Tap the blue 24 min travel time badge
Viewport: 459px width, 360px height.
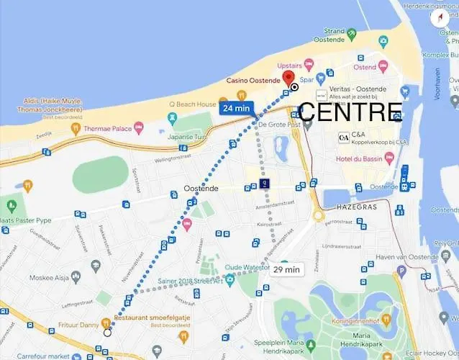click(236, 107)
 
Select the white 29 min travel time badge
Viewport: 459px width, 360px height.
click(286, 269)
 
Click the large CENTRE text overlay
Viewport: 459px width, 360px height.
click(350, 112)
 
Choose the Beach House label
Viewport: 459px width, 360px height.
click(197, 104)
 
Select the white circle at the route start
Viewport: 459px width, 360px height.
click(107, 332)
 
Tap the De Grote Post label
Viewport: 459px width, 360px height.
click(277, 124)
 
